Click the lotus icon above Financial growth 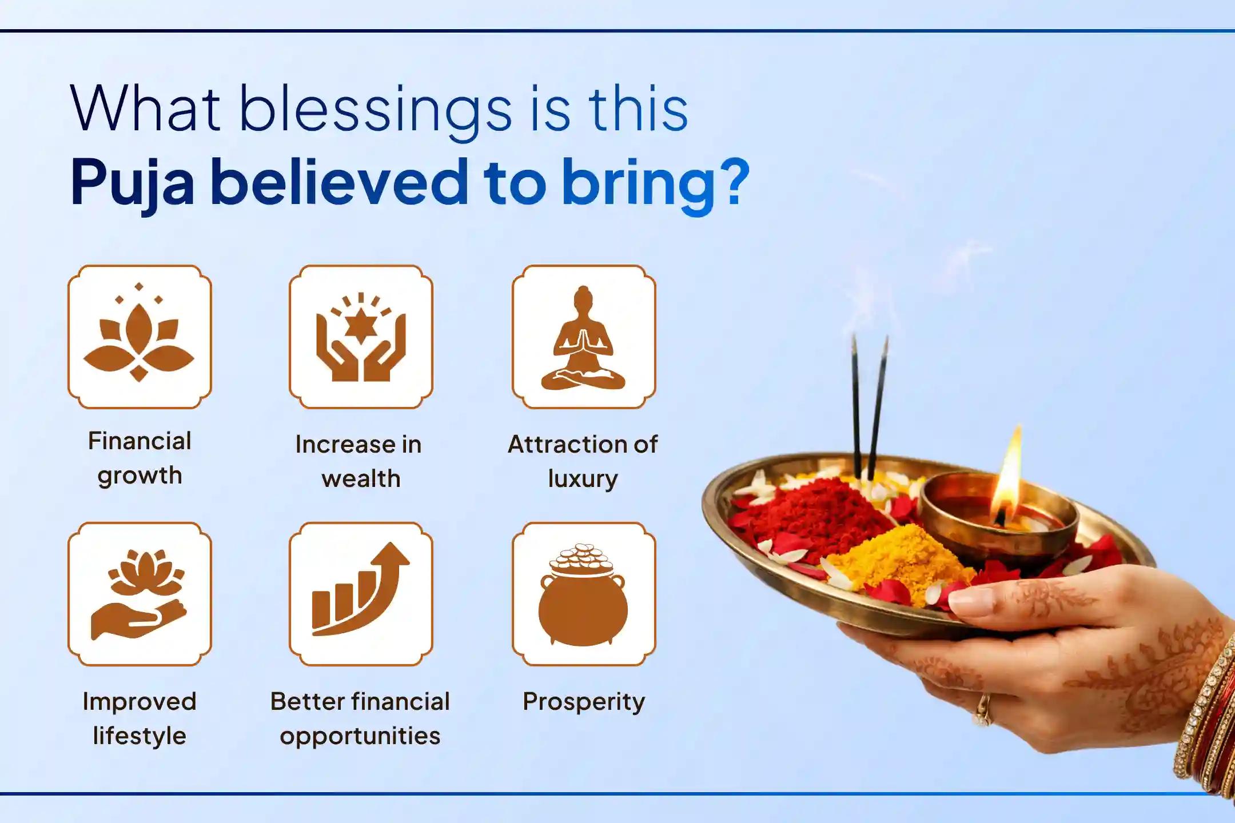139,337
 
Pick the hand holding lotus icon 139,594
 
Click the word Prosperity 583,702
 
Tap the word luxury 583,479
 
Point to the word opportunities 360,736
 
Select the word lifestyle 139,736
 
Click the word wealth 361,479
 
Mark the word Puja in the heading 132,183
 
